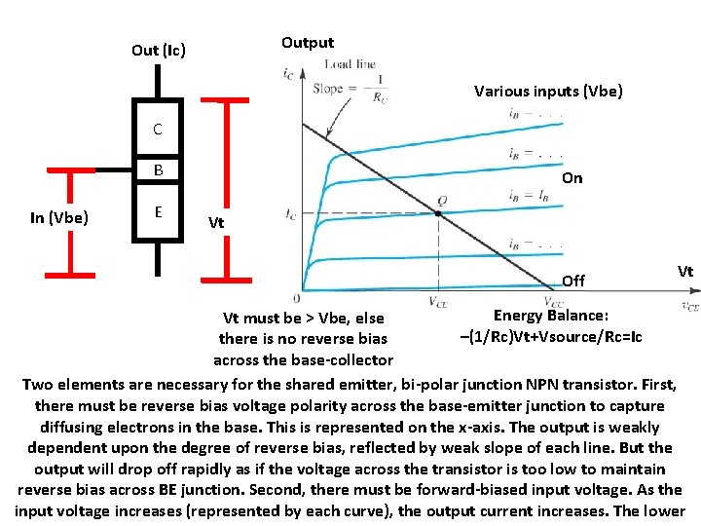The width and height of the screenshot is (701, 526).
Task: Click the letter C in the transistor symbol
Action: [x=157, y=130]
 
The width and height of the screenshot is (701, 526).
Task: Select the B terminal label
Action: [x=157, y=171]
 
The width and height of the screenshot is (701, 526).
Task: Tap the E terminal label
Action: [x=157, y=210]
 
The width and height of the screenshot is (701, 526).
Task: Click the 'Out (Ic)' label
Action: [x=159, y=50]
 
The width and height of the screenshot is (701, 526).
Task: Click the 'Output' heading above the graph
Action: [x=307, y=42]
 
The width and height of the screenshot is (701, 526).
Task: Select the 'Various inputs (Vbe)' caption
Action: [x=548, y=92]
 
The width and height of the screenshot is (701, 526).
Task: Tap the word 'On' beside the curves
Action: [x=572, y=178]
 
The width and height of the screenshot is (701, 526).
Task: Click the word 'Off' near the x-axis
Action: [x=573, y=281]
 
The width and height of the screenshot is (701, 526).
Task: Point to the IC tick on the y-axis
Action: [x=289, y=214]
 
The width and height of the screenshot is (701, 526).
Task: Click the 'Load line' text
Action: [x=350, y=64]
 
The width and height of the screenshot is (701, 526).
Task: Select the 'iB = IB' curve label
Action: [x=529, y=195]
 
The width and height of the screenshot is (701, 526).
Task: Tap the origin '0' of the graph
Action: [x=296, y=297]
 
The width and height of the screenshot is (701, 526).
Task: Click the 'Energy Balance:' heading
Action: [x=551, y=316]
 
